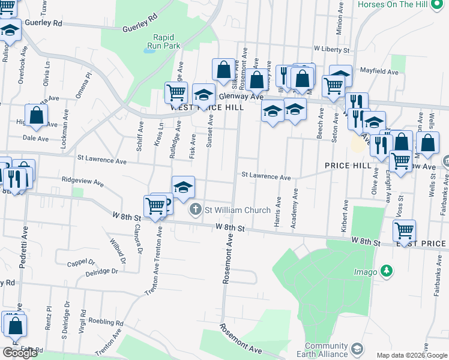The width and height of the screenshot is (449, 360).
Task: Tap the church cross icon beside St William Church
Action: (195, 210)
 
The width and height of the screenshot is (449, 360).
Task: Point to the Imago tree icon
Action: (388, 271)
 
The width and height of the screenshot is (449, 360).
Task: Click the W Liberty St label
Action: (331, 49)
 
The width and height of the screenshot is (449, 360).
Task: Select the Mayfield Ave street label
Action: (379, 71)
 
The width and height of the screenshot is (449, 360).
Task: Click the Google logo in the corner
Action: (20, 353)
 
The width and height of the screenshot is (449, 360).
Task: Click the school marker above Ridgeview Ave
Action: (183, 187)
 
